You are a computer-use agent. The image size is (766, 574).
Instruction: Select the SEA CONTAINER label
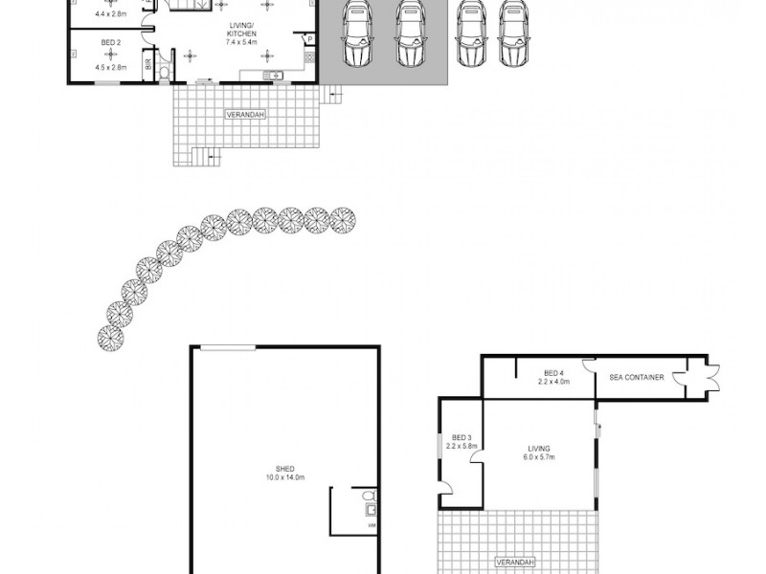pyautogui.click(x=637, y=377)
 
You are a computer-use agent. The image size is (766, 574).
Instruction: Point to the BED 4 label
pyautogui.click(x=553, y=372)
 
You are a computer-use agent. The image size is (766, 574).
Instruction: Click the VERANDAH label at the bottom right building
pyautogui.click(x=514, y=562)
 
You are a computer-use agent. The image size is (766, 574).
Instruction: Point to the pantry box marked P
pyautogui.click(x=309, y=39)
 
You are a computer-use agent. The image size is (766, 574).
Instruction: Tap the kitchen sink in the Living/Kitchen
pyautogui.click(x=273, y=75)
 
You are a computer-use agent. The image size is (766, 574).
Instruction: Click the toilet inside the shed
pyautogui.click(x=370, y=497)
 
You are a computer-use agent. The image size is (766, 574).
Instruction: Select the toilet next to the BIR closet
pyautogui.click(x=164, y=71)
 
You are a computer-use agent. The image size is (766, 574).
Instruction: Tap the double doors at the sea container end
pyautogui.click(x=711, y=377)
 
